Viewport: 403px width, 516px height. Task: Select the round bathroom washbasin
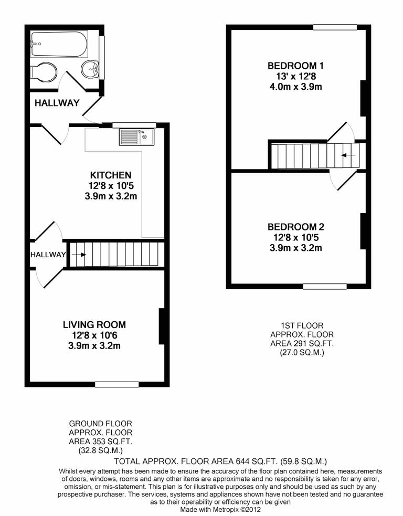click(91, 68)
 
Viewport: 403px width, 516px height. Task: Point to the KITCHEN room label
click(111, 175)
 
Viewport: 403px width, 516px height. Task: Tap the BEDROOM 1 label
click(295, 66)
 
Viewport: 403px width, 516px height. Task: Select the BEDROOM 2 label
click(295, 227)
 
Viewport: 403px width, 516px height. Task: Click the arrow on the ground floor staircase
click(79, 255)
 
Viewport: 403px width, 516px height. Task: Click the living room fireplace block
click(162, 327)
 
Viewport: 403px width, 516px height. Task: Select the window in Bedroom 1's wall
click(335, 27)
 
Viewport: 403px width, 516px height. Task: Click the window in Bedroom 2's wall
click(325, 286)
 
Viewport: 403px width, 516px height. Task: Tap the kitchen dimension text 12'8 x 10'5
click(111, 185)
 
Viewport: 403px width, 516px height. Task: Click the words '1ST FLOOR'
click(302, 325)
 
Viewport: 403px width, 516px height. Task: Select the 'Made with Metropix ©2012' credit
click(220, 509)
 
